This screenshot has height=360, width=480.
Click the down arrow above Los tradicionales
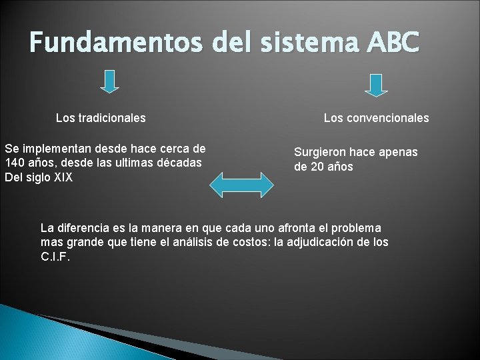(110, 81)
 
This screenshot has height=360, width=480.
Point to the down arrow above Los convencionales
(377, 84)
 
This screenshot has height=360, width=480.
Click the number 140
(15, 163)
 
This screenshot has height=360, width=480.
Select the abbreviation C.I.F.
(55, 256)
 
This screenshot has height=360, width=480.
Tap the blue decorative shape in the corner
(40, 337)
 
